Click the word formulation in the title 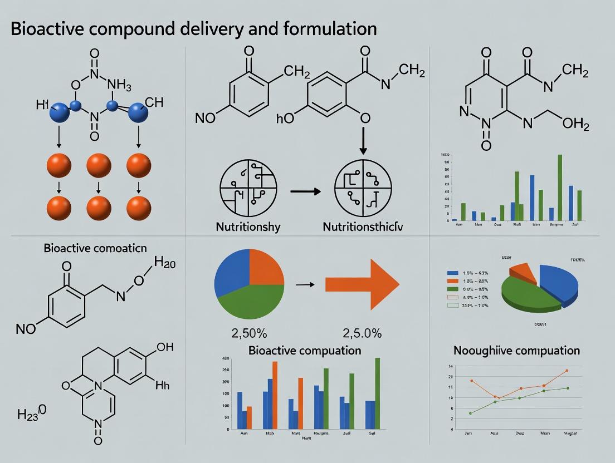coord(330,28)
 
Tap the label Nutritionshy coord(248,226)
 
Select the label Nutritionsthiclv coord(363,226)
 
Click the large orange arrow coord(362,284)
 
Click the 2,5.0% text coord(362,333)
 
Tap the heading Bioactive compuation coord(305,351)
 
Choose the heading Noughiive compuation coord(516,351)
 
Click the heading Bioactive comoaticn coord(95,248)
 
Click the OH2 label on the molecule coord(576,124)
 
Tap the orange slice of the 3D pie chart coord(523,271)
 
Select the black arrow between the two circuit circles coord(306,191)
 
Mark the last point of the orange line coord(567,370)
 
